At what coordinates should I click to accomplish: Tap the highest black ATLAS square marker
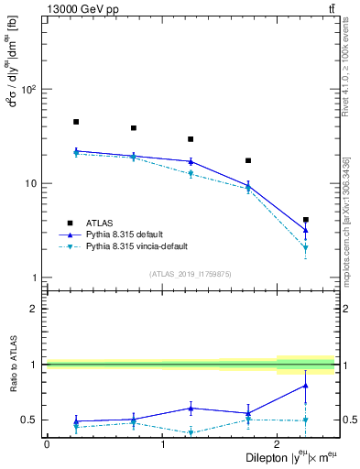[x=76, y=122]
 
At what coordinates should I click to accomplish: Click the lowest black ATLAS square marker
[x=306, y=220]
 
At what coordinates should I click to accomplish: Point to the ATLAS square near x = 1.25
[x=191, y=139]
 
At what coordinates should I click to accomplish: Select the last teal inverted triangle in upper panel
[x=306, y=248]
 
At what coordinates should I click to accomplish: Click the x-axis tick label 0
[x=47, y=444]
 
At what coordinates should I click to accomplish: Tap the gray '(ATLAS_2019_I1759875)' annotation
[x=191, y=274]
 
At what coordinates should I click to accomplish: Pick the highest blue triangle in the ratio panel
[x=306, y=386]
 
